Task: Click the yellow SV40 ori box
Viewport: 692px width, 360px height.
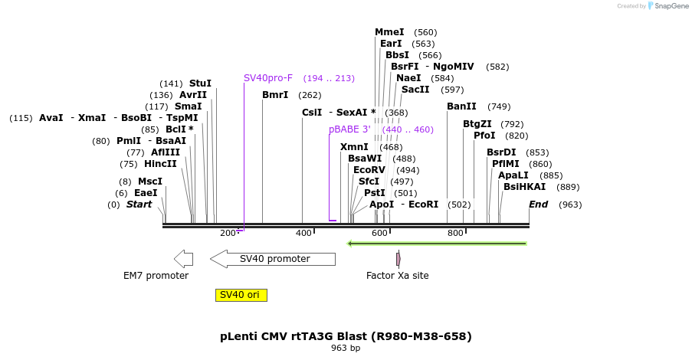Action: (241, 295)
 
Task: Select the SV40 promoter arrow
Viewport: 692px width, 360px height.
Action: (274, 259)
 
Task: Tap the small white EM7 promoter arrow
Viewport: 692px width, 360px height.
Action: (183, 259)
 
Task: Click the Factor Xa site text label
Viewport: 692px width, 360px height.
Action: (397, 276)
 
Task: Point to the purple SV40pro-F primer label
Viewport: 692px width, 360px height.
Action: (268, 78)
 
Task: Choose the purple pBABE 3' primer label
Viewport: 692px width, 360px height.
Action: (349, 129)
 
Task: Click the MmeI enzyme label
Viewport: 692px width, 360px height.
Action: (389, 32)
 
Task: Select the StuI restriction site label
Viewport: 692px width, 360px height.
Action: (200, 83)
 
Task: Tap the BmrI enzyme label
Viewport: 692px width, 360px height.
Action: (275, 95)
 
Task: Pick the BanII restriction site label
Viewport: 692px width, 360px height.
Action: (461, 106)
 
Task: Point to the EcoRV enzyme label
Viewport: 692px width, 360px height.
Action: (369, 170)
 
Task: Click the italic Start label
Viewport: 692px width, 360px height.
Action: (139, 205)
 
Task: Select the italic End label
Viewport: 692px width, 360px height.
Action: (538, 205)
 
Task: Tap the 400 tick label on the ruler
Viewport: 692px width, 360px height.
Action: (303, 233)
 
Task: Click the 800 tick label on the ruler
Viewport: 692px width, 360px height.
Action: (455, 233)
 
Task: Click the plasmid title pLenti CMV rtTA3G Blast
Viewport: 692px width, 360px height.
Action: (346, 336)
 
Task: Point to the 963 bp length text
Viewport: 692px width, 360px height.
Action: (346, 349)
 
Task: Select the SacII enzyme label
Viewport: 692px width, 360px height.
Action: (415, 90)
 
